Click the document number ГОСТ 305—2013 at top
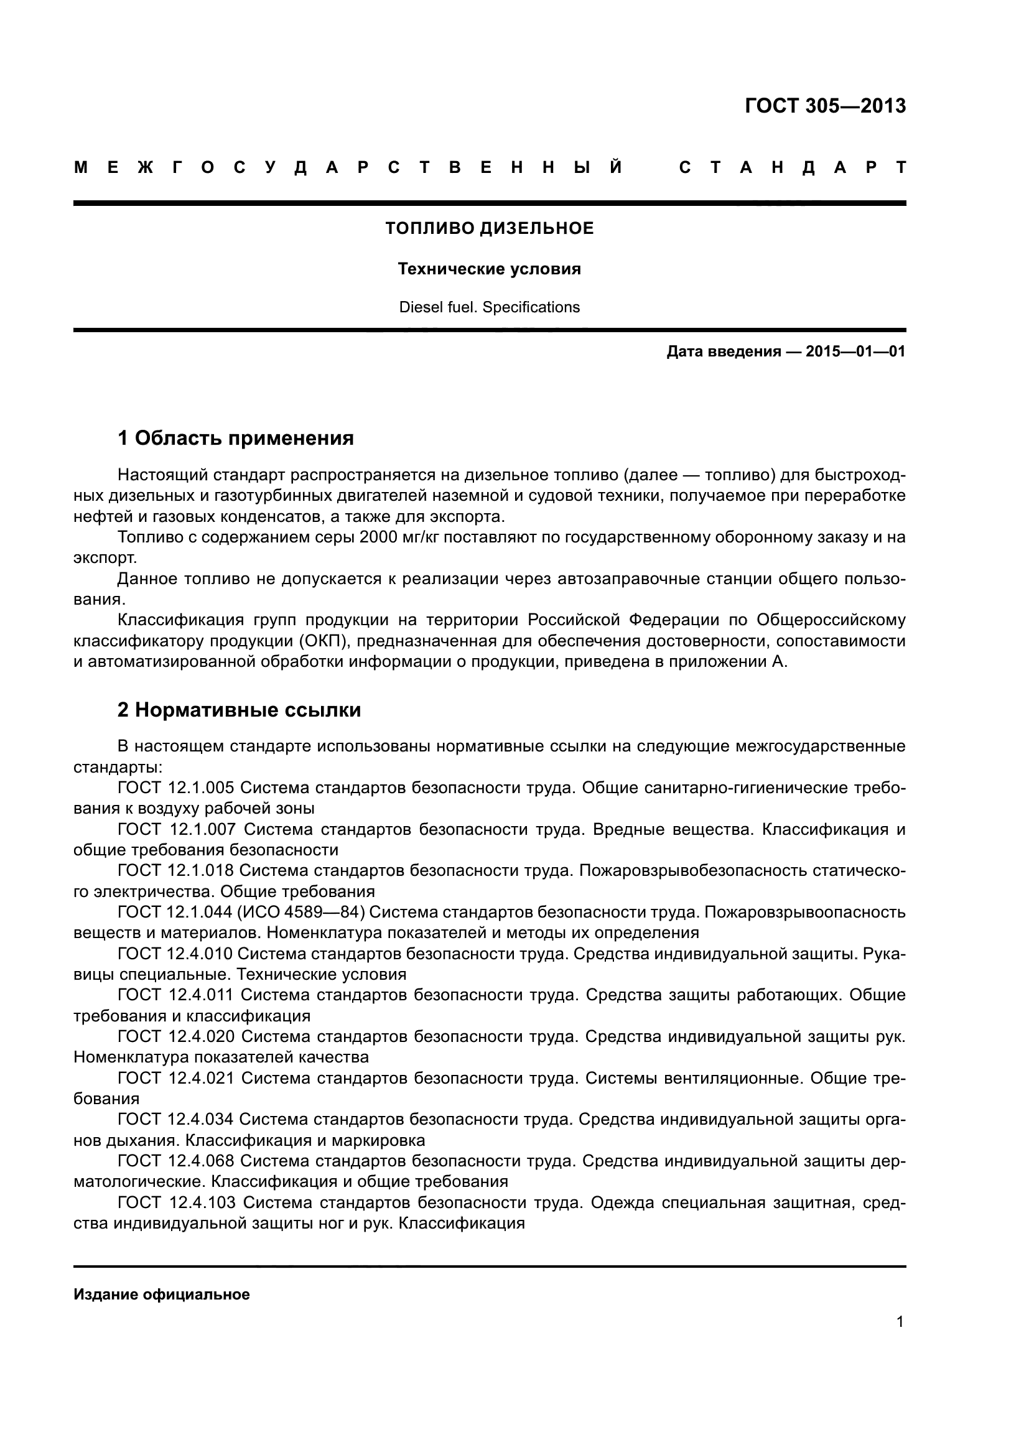point(825,106)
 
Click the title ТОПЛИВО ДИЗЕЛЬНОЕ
point(489,228)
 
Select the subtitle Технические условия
point(489,269)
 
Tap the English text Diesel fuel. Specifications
point(489,307)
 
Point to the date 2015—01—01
point(855,351)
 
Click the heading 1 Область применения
point(235,438)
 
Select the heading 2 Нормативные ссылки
point(239,710)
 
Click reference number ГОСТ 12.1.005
point(176,788)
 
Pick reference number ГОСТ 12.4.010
point(175,954)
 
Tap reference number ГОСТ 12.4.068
point(175,1161)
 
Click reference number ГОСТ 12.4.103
point(177,1202)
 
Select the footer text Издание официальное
point(162,1295)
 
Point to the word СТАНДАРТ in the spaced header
point(792,168)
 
